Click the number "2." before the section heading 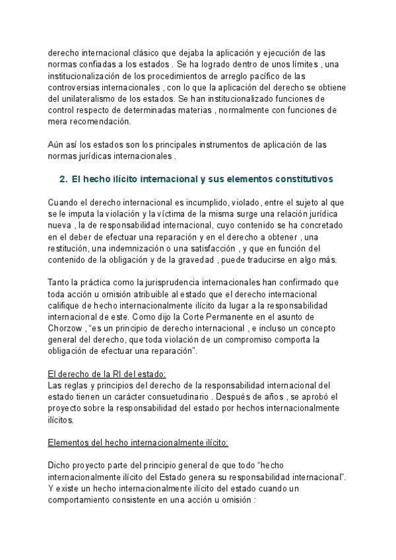(64, 178)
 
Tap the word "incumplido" (186, 201)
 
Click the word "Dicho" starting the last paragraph (60, 465)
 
